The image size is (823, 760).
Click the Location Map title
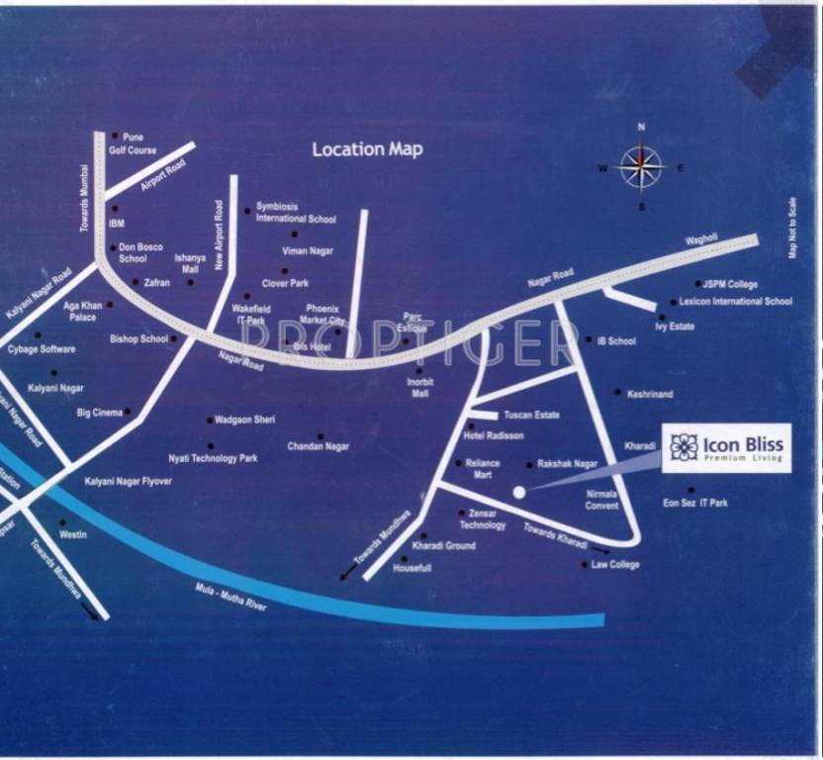[367, 149]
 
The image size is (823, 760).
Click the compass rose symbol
[641, 166]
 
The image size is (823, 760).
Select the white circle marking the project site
[518, 492]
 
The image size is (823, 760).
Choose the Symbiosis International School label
[296, 213]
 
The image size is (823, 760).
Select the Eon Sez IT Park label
[694, 504]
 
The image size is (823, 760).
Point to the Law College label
[615, 565]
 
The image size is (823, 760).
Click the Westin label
[73, 534]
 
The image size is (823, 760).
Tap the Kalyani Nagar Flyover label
[128, 481]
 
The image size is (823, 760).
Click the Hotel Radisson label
[494, 436]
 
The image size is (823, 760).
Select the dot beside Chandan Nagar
[320, 436]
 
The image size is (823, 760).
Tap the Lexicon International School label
[735, 302]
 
